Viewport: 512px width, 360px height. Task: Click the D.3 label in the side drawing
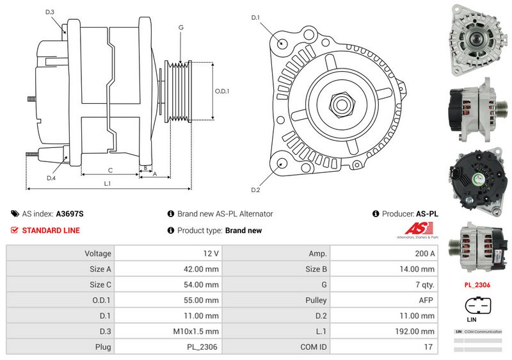[x=50, y=12]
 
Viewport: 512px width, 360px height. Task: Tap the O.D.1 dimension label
[x=221, y=91]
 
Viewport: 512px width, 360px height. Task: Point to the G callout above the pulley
[x=181, y=28]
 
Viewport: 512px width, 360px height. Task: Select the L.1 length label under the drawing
[x=108, y=183]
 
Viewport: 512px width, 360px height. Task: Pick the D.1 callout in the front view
[x=255, y=17]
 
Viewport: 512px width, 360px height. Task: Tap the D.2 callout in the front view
[x=255, y=190]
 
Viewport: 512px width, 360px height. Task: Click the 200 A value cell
[x=424, y=254]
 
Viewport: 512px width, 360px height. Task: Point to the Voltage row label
[x=98, y=254]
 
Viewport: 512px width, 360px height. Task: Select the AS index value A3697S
[x=70, y=214]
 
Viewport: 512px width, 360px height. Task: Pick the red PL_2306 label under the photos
[x=477, y=284]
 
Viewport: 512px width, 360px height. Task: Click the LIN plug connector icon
[x=477, y=306]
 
